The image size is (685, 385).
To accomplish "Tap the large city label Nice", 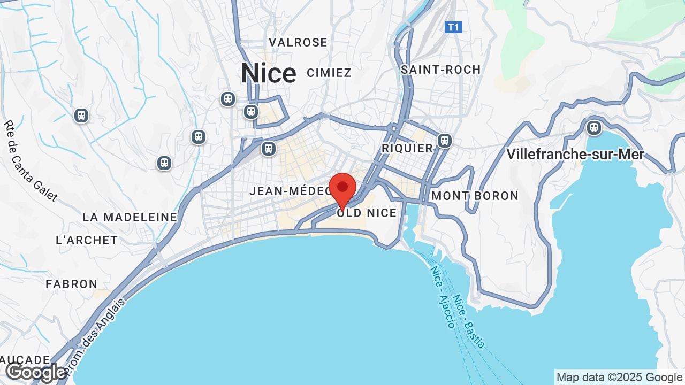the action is pos(268,73).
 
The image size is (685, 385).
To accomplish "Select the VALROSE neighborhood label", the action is pos(298,42).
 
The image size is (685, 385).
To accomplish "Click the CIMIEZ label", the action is pos(329,73).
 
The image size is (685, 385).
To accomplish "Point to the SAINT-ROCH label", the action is pos(440,70).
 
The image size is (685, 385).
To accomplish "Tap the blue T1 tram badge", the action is pos(453,27).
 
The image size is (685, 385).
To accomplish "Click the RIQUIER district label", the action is pos(407,148).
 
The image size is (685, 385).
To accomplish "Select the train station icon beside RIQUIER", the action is pos(444,141).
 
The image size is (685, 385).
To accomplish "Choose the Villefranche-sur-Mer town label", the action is pos(575,155).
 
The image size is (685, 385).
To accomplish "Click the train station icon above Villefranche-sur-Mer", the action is pos(593,128).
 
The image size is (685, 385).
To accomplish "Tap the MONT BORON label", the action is pos(475,196).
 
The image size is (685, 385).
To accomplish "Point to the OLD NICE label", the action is pos(367,213).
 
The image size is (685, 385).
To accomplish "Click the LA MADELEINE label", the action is pos(130,217).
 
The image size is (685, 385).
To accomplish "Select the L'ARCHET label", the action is pos(87,240).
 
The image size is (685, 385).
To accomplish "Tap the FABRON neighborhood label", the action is pos(72,284).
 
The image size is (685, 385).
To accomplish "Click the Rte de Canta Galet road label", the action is pos(30,160).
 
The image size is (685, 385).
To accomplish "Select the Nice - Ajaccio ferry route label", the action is pos(442,295).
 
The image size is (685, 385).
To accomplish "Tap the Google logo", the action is pos(35,372).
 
